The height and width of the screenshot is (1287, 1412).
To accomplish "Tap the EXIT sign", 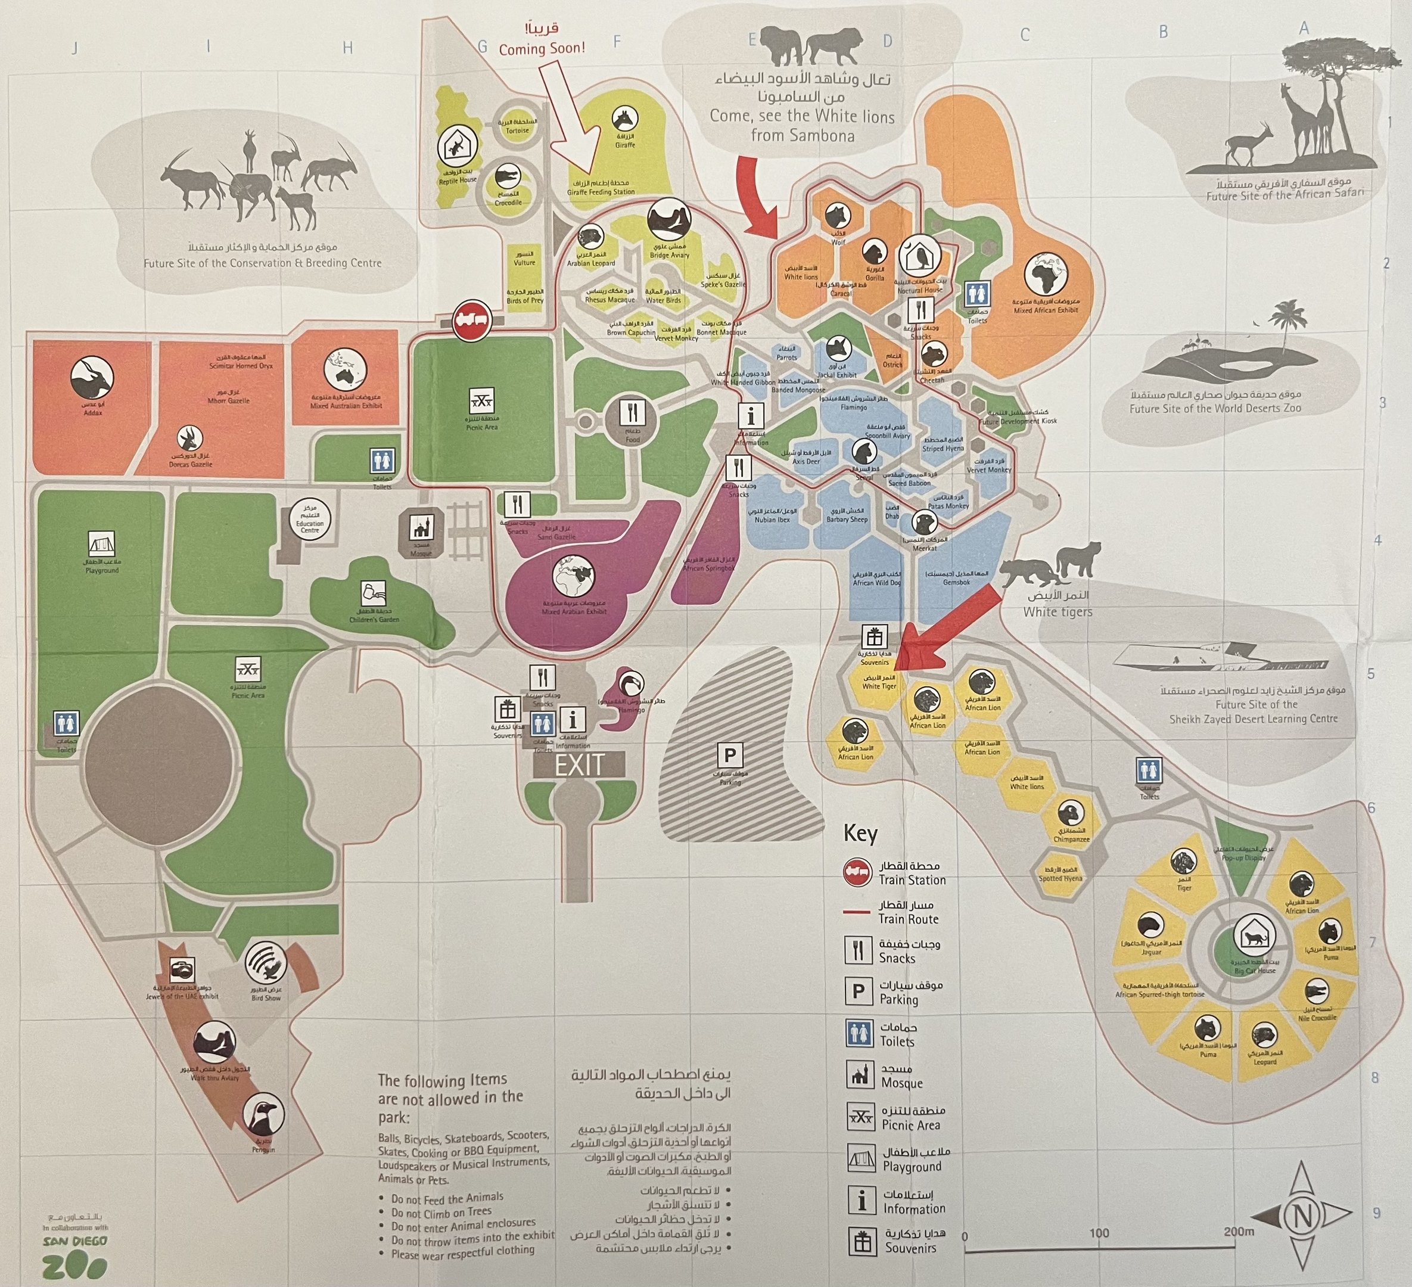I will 579,764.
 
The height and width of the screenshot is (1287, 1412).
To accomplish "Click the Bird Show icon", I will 266,963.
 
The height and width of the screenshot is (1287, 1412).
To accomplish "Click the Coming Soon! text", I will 542,48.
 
